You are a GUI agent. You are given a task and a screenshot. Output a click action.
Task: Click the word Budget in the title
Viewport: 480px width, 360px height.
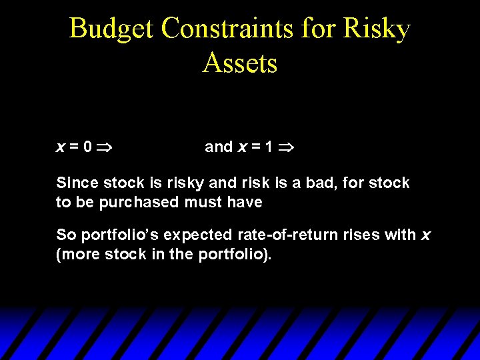[x=112, y=29]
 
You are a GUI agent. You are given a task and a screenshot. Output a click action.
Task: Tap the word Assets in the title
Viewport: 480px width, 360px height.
[x=240, y=63]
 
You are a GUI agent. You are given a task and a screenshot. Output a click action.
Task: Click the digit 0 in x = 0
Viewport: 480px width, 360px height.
[x=88, y=147]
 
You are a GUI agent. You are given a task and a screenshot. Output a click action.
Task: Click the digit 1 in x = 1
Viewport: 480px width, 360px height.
[x=268, y=147]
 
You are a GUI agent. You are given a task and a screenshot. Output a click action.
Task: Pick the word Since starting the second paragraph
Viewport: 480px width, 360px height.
[x=76, y=183]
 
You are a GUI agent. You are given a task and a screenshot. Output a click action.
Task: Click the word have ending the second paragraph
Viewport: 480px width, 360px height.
[x=245, y=202]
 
